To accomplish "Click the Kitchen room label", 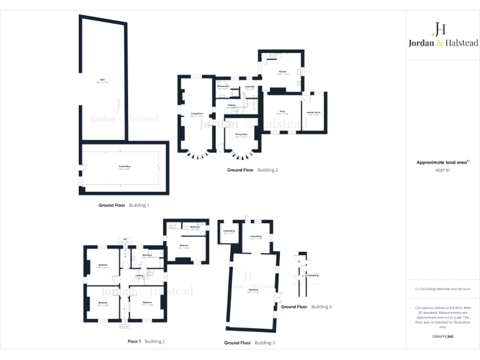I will (x=282, y=72).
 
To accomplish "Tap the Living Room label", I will (x=197, y=113).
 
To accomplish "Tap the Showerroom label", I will (x=223, y=86).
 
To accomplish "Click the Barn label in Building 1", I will (x=102, y=79).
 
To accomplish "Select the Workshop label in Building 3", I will (x=253, y=291).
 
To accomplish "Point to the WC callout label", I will (x=125, y=239).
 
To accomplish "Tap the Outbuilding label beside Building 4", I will (x=312, y=275).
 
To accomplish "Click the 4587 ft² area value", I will (x=443, y=169).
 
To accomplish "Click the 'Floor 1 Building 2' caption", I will (x=146, y=342).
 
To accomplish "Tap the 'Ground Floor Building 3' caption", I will (x=249, y=342).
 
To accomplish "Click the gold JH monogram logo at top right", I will (x=439, y=28).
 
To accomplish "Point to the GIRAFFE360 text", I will (x=442, y=336).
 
